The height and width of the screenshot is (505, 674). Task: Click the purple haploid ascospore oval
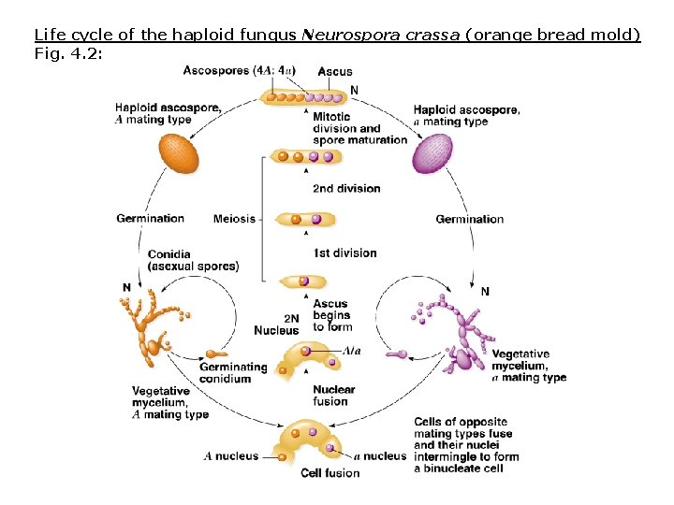pyautogui.click(x=432, y=153)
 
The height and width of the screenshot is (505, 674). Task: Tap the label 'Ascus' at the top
pyautogui.click(x=335, y=71)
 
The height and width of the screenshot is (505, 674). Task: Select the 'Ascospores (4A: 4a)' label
pyautogui.click(x=240, y=70)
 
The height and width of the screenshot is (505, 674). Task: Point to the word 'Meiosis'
pyautogui.click(x=234, y=219)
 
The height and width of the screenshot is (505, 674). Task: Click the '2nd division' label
pyautogui.click(x=346, y=188)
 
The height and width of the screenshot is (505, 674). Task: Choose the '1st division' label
pyautogui.click(x=344, y=252)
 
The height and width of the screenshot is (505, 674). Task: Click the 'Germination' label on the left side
pyautogui.click(x=150, y=219)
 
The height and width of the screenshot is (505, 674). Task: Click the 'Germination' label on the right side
pyautogui.click(x=469, y=219)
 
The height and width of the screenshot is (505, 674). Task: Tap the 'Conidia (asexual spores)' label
pyautogui.click(x=193, y=260)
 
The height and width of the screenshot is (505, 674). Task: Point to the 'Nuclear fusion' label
pyautogui.click(x=333, y=396)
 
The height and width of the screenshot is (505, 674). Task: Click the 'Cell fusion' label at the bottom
pyautogui.click(x=330, y=473)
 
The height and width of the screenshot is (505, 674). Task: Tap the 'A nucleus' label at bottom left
pyautogui.click(x=231, y=456)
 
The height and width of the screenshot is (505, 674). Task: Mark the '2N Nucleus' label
pyautogui.click(x=277, y=325)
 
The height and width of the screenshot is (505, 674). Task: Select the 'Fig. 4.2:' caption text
pyautogui.click(x=67, y=52)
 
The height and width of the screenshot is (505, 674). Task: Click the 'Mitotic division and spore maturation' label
pyautogui.click(x=359, y=128)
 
